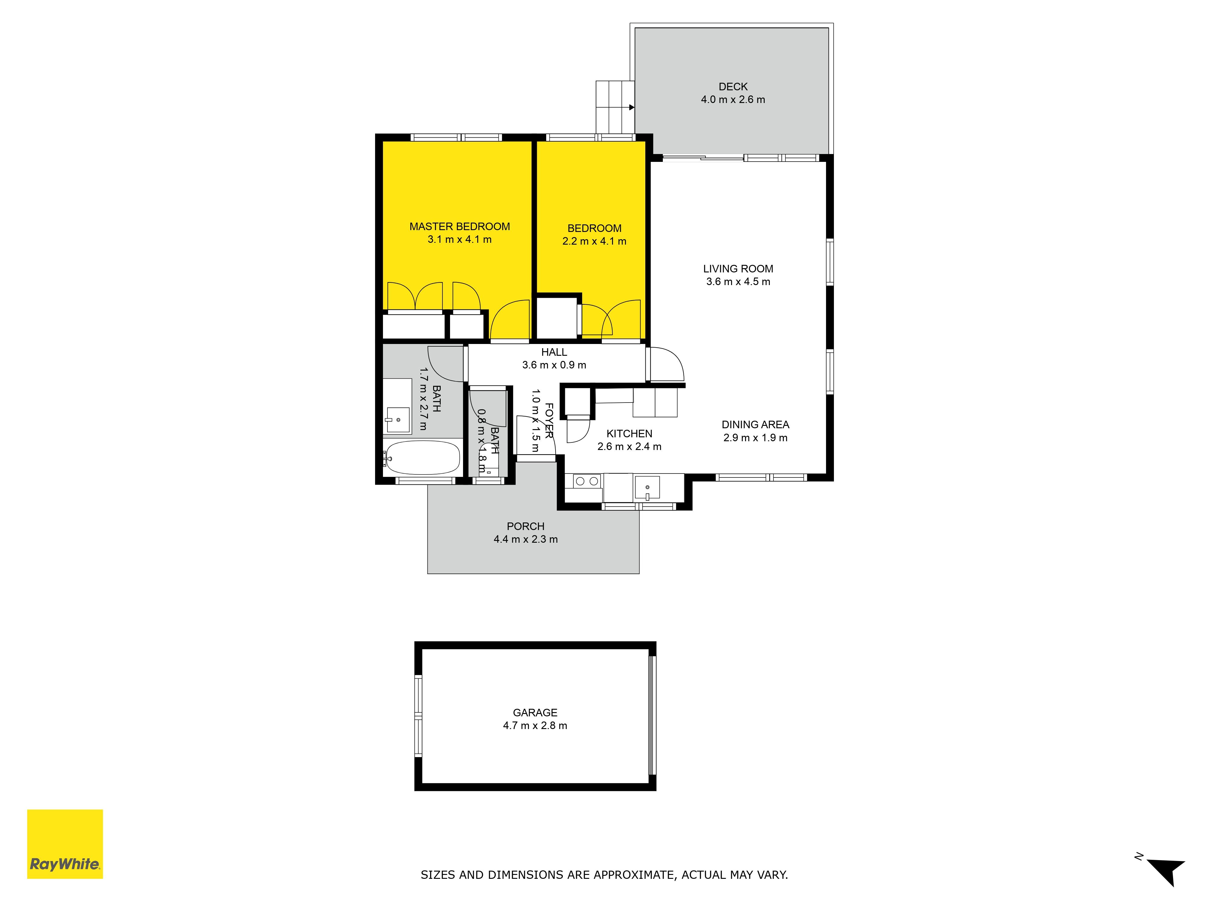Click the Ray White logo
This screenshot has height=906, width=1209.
pyautogui.click(x=65, y=844)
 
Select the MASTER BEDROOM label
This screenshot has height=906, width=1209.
pyautogui.click(x=460, y=226)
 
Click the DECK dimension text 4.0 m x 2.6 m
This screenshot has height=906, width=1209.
pyautogui.click(x=733, y=99)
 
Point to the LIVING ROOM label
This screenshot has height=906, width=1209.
pyautogui.click(x=738, y=269)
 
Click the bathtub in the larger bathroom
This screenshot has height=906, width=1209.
pyautogui.click(x=421, y=458)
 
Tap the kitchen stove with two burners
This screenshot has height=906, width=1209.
pyautogui.click(x=587, y=481)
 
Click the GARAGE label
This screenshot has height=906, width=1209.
pyautogui.click(x=535, y=713)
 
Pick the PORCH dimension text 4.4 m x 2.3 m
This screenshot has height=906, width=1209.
pyautogui.click(x=526, y=539)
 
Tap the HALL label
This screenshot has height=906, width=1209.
pyautogui.click(x=554, y=352)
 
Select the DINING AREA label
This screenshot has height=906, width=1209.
pyautogui.click(x=755, y=424)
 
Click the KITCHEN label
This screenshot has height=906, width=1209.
pyautogui.click(x=629, y=434)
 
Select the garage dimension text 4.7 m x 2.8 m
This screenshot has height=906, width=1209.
pyautogui.click(x=535, y=726)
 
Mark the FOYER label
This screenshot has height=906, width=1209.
pyautogui.click(x=549, y=420)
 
